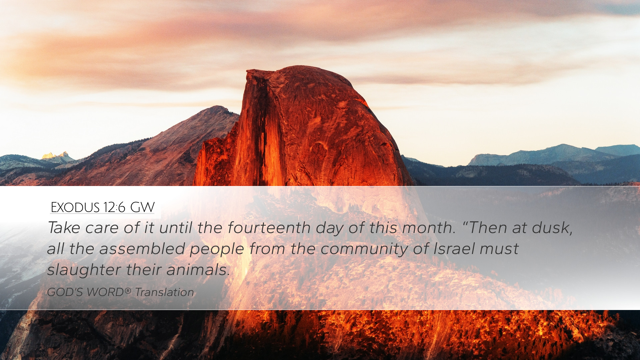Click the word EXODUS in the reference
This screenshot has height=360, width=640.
click(75, 207)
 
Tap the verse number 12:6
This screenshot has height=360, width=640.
click(114, 207)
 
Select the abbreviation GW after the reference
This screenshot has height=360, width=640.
click(142, 207)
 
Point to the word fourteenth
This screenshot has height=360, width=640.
click(269, 228)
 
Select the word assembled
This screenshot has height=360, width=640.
click(142, 249)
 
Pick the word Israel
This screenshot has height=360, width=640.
click(454, 249)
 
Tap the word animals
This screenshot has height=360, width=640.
click(198, 270)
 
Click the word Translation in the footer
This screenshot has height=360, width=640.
click(164, 292)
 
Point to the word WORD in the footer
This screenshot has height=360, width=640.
click(105, 292)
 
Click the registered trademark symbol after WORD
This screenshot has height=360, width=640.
click(128, 291)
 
